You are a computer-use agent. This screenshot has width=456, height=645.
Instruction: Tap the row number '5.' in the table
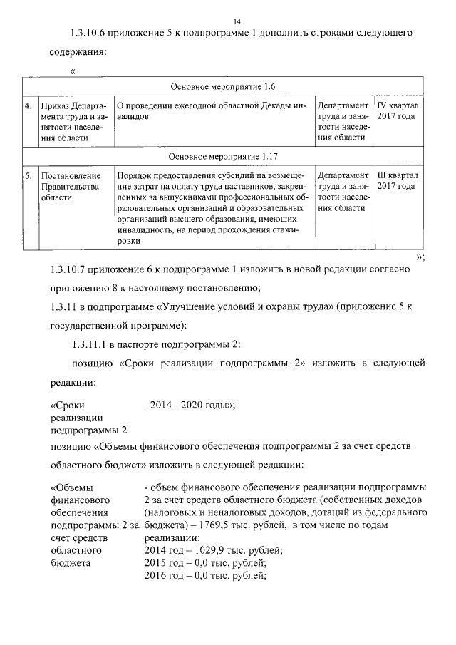point(28,175)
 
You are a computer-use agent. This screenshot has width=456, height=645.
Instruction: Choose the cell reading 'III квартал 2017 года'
point(398,180)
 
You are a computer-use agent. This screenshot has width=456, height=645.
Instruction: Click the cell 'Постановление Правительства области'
point(71,186)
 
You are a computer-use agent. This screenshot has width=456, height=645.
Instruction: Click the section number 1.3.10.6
point(92,33)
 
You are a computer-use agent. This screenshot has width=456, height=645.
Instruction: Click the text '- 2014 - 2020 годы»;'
point(190,406)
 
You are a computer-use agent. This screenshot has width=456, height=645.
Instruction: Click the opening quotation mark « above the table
point(73,71)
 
